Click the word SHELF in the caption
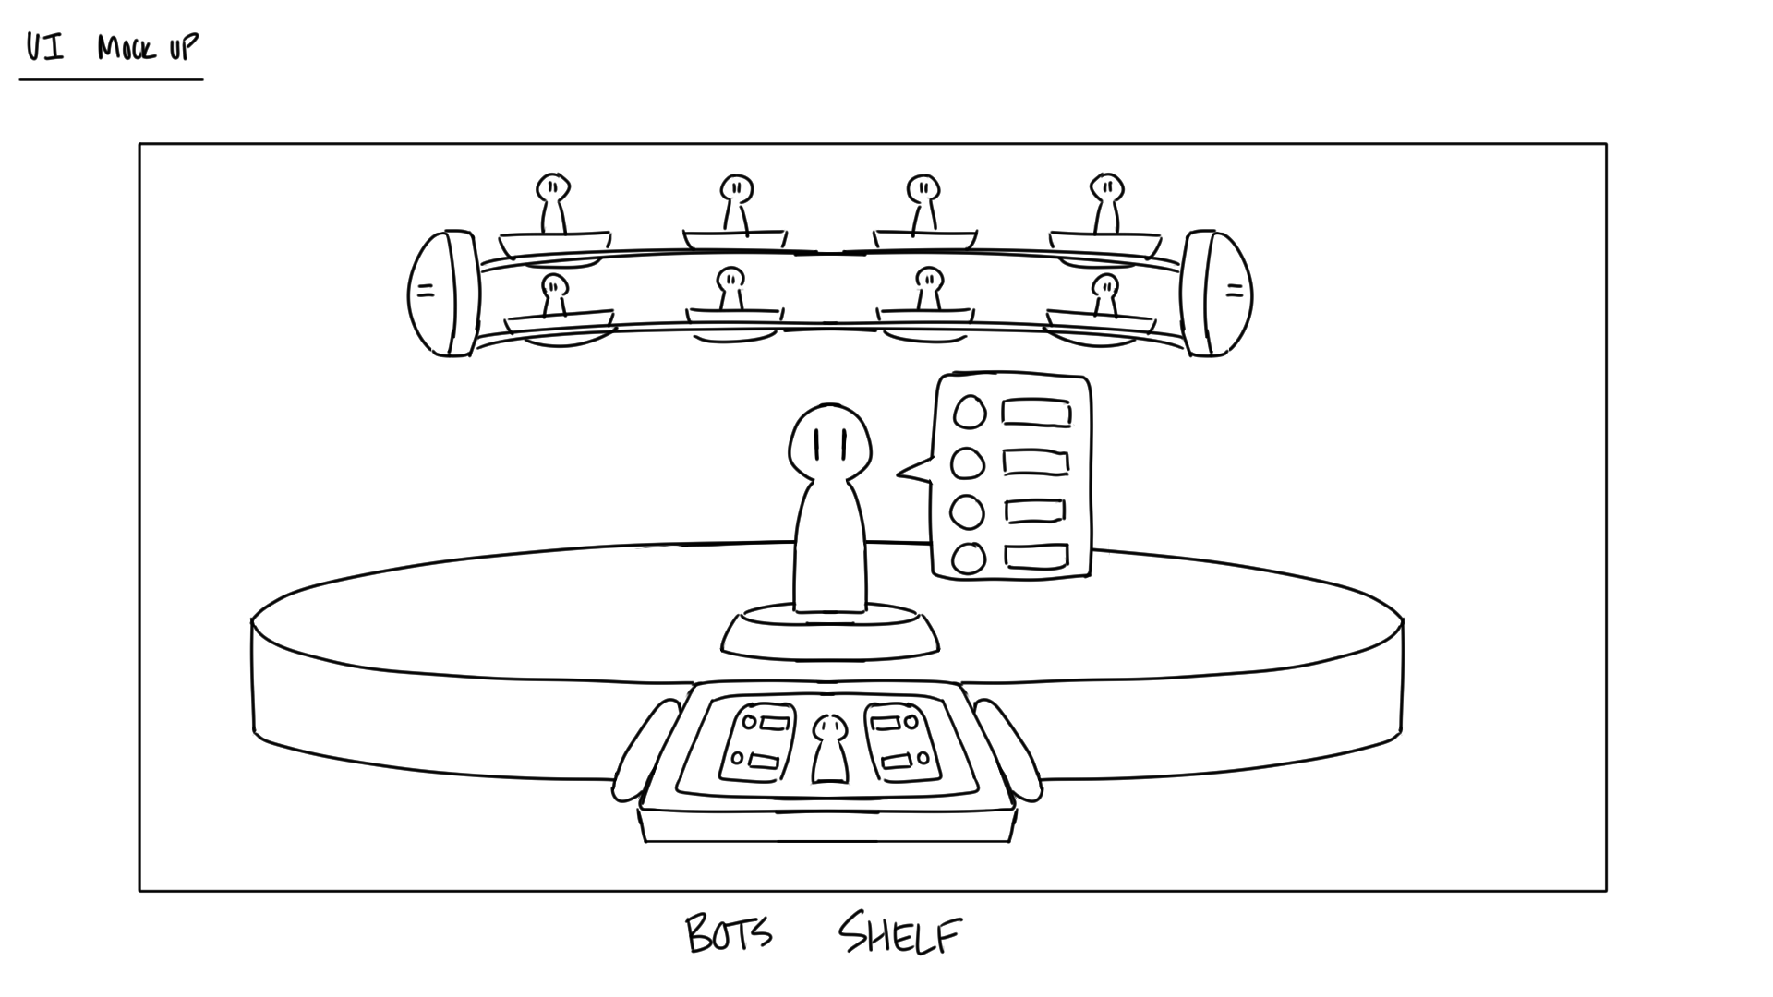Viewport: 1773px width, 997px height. tap(899, 936)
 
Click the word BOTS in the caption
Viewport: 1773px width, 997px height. tap(729, 934)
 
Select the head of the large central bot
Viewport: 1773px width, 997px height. tap(829, 441)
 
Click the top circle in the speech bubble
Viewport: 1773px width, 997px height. tap(969, 412)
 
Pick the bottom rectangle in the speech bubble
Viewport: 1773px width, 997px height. tap(1035, 557)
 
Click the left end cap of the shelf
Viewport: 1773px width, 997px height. tap(443, 293)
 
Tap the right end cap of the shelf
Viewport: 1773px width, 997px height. tap(1216, 293)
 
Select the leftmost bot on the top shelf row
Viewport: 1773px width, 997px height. tap(552, 203)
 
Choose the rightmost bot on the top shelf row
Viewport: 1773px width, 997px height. tap(1105, 203)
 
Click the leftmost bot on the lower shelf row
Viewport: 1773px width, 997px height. tap(554, 294)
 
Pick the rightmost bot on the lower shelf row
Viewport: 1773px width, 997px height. tap(1104, 294)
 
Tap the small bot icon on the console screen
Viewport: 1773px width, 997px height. tap(829, 748)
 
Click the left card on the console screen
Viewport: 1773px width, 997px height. tap(757, 742)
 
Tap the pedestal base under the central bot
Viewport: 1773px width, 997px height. tap(829, 637)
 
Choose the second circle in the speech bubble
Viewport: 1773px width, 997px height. tap(968, 462)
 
